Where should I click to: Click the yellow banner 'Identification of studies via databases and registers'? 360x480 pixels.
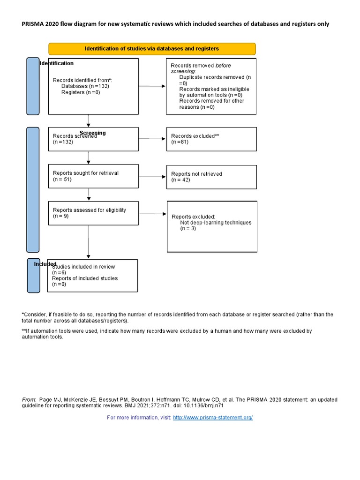coord(152,49)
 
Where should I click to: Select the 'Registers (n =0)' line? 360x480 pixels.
coord(81,93)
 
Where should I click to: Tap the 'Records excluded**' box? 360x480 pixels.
coord(211,139)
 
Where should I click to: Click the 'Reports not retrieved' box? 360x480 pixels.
coord(211,177)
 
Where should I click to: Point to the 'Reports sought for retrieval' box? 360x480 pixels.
coord(93,176)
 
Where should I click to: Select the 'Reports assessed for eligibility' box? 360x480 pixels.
coord(93,213)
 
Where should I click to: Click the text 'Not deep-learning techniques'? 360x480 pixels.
coord(216,223)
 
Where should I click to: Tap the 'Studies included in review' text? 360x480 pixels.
coord(83,267)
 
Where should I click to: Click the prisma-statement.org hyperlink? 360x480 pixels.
coord(213,418)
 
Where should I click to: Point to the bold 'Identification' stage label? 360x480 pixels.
coord(57,63)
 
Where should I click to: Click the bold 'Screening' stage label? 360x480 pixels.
coord(93,133)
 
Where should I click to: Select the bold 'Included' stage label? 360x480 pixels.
coord(45,264)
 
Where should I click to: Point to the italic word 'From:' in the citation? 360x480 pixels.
coord(29,400)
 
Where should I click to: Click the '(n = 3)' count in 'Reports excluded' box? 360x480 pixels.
coord(188,229)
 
